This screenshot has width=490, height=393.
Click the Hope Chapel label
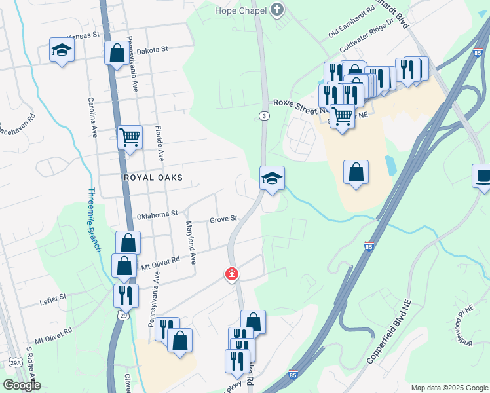242,10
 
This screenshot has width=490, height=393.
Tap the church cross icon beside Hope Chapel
278,10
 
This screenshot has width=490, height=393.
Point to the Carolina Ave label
93,118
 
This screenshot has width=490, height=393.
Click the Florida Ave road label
159,144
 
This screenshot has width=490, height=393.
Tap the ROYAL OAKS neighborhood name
152,178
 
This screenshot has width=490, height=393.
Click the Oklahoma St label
157,214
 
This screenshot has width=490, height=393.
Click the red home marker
231,273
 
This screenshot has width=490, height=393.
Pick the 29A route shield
15,362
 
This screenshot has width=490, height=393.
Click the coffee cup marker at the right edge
482,176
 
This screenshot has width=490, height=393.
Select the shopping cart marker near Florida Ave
130,138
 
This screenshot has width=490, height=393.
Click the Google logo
22,385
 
